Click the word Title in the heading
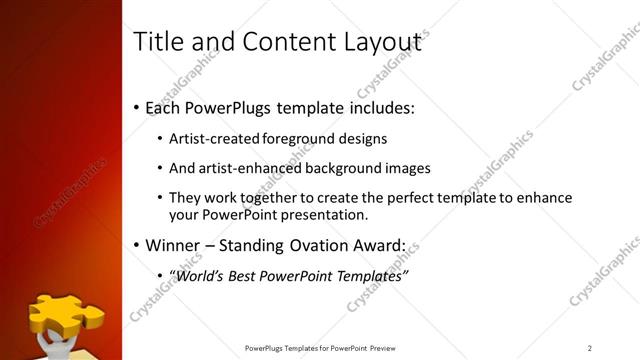point(159,42)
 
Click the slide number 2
point(590,348)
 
